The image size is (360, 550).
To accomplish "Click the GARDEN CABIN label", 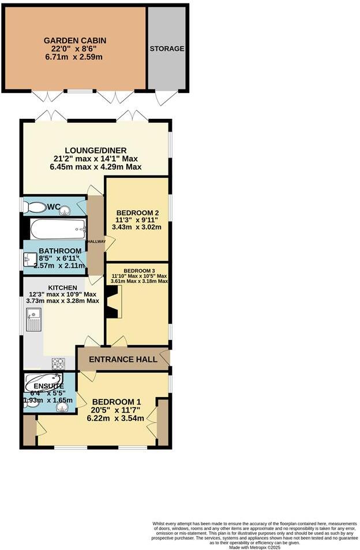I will pyautogui.click(x=75, y=40).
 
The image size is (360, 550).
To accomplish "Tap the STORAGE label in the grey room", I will pyautogui.click(x=167, y=49).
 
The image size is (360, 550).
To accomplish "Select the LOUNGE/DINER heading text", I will pyautogui.click(x=95, y=151).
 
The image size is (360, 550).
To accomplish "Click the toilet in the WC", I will pyautogui.click(x=36, y=207).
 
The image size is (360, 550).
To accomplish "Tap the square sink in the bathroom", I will pyautogui.click(x=29, y=261).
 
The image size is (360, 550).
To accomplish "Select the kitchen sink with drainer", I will pyautogui.click(x=32, y=320).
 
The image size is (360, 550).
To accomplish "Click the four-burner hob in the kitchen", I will pyautogui.click(x=59, y=364).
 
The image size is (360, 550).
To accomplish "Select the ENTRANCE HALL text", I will pyautogui.click(x=123, y=360).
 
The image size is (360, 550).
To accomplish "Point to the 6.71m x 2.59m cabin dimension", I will pyautogui.click(x=75, y=57).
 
